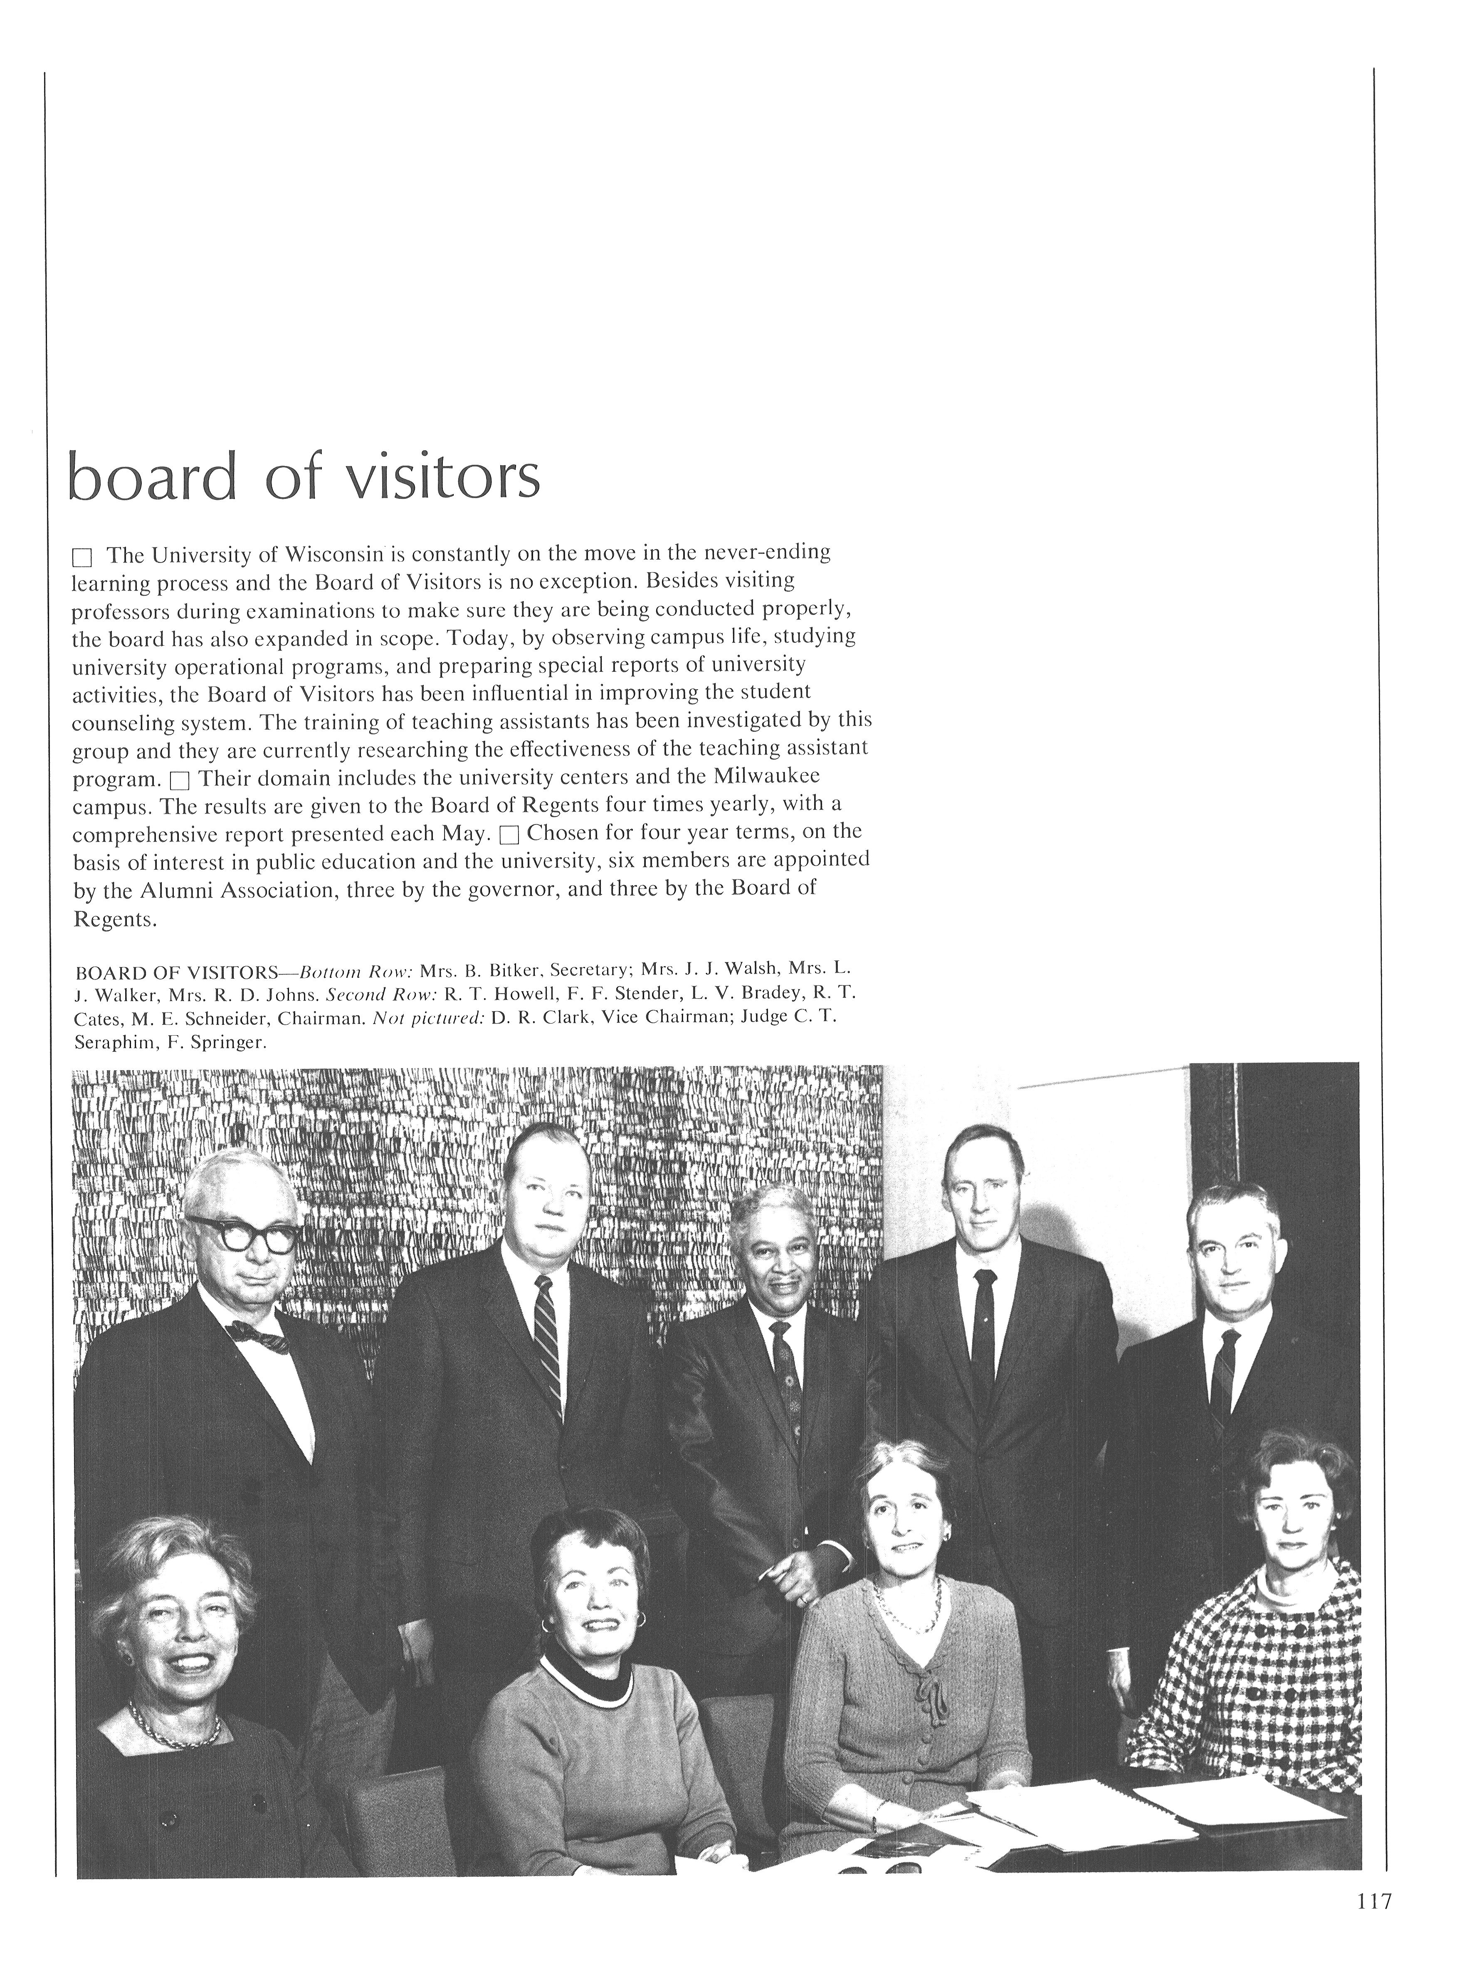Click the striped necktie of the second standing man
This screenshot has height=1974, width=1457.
[x=548, y=1349]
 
